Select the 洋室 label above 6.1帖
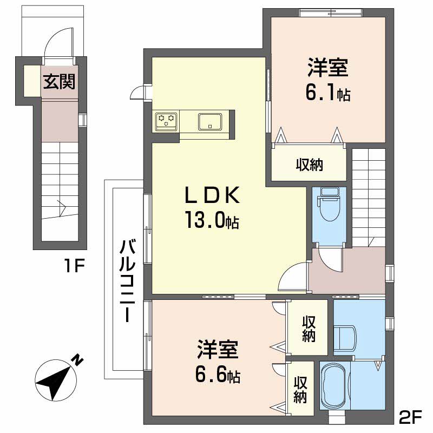click(327, 69)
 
